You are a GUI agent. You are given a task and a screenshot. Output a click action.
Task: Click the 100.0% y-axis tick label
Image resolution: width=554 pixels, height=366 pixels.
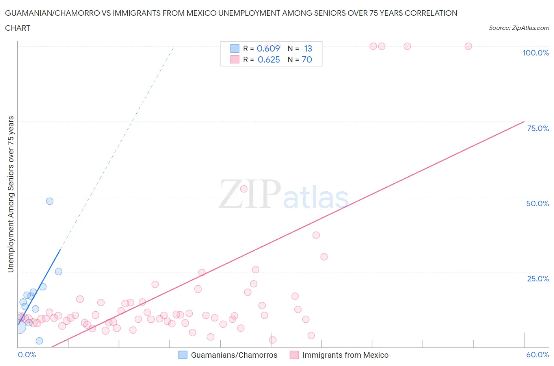click(x=535, y=53)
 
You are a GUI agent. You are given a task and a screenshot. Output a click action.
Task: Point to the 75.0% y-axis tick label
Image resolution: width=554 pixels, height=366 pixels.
click(x=538, y=128)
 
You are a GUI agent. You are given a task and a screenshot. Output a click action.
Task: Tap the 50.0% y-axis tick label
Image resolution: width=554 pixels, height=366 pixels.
click(x=537, y=203)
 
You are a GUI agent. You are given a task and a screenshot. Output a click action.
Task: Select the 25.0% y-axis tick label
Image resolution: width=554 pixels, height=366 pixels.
click(x=538, y=279)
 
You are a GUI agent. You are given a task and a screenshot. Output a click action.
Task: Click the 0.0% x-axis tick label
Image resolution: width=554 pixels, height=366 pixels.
click(x=27, y=355)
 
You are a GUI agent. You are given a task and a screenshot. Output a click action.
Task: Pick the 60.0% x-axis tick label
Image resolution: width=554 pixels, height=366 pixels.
click(x=537, y=355)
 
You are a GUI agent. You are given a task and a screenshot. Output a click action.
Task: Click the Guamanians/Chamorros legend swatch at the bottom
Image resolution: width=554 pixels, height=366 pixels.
click(x=183, y=355)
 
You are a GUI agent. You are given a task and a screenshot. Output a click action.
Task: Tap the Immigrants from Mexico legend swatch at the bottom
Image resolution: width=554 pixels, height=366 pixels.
click(x=294, y=355)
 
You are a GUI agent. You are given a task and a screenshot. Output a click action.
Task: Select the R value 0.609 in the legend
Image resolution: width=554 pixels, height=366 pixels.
click(x=268, y=48)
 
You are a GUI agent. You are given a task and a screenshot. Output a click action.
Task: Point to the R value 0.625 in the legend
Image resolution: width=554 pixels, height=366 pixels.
click(x=269, y=59)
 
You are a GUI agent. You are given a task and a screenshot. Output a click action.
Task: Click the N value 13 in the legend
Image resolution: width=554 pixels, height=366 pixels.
click(x=308, y=48)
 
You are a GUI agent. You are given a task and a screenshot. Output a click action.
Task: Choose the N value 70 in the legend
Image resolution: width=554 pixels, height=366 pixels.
click(x=307, y=59)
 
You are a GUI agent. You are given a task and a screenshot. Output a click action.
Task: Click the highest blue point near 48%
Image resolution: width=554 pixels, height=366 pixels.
click(x=50, y=201)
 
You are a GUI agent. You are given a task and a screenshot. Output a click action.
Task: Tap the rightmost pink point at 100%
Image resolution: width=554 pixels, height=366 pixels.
click(x=468, y=46)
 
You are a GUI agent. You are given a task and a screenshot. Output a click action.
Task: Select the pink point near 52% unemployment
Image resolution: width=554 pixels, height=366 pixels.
click(x=244, y=189)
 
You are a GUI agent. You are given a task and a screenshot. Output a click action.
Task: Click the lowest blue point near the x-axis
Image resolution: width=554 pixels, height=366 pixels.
click(x=39, y=341)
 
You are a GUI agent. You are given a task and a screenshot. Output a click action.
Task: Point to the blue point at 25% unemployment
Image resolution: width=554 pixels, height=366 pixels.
click(x=59, y=272)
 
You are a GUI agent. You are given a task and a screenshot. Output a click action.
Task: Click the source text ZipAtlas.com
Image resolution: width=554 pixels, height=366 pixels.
click(x=519, y=28)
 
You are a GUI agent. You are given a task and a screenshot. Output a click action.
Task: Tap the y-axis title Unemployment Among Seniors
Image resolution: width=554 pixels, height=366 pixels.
click(x=11, y=194)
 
